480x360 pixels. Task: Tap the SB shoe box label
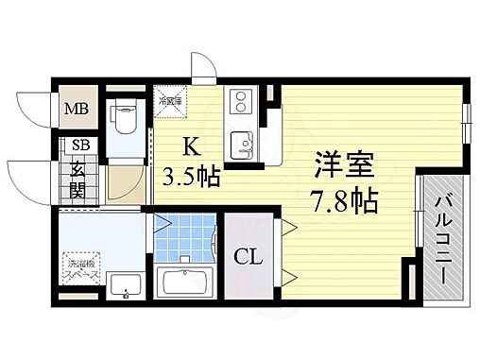[76, 146]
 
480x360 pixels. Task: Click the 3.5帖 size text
[195, 177]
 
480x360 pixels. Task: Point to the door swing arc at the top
[201, 67]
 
